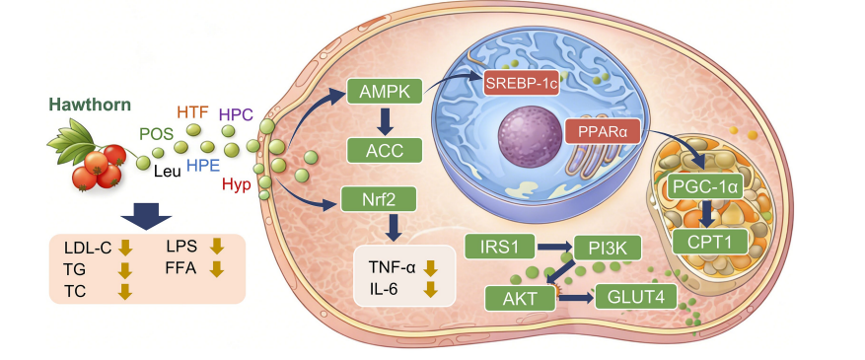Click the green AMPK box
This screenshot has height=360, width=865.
click(385, 92)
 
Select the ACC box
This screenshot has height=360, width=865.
click(385, 151)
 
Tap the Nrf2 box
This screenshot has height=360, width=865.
click(379, 199)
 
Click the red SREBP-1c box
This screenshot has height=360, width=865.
click(522, 83)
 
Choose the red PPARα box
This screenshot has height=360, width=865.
click(605, 132)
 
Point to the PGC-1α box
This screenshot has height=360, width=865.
click(706, 187)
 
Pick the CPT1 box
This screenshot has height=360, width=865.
click(709, 241)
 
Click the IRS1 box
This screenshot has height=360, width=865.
click(500, 247)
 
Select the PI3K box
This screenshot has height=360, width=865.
click(608, 247)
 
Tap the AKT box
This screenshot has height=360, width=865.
click(520, 298)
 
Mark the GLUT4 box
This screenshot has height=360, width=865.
click(634, 297)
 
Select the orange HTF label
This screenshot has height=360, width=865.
click(192, 113)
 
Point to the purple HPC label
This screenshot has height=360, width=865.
click(236, 114)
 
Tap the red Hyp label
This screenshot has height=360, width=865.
click(237, 184)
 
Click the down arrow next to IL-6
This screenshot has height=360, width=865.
click(430, 289)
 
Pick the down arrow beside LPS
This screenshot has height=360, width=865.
click(217, 246)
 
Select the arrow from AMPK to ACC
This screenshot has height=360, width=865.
click(385, 120)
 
